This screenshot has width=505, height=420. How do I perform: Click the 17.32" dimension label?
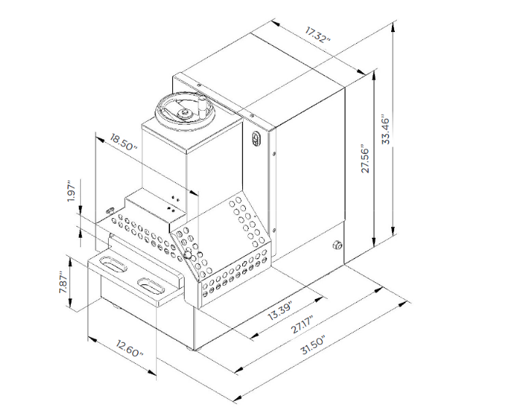click(x=318, y=35)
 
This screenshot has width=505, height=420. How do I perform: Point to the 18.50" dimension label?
click(x=122, y=141)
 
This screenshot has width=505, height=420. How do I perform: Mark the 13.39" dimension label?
click(x=280, y=311)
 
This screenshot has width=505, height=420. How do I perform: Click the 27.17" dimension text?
click(x=302, y=324)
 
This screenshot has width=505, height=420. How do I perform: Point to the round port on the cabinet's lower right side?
click(x=337, y=246)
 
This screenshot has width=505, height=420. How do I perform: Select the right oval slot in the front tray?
click(x=153, y=284)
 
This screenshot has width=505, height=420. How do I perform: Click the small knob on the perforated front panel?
click(x=188, y=255)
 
